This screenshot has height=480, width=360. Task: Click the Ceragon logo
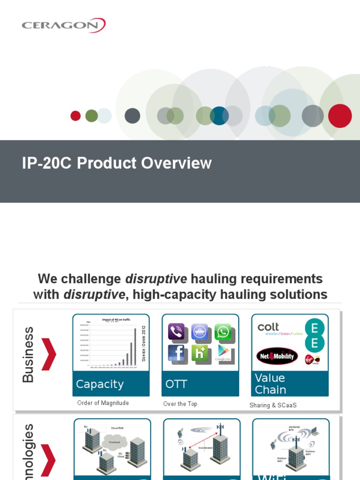tap(64, 25)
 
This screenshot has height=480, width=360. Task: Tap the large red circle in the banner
tap(340, 116)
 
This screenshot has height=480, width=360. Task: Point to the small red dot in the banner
tap(75, 116)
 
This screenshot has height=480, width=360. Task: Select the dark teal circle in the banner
tap(219, 116)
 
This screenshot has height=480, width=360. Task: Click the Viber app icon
tap(176, 332)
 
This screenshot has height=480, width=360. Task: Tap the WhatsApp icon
tap(223, 332)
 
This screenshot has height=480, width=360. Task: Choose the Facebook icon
tap(176, 353)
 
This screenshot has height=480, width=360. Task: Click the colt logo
tap(269, 327)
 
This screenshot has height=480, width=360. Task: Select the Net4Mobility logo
tap(277, 356)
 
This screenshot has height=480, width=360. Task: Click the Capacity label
tap(100, 384)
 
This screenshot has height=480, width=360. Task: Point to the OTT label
tap(176, 384)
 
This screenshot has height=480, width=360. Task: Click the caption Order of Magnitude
tap(103, 403)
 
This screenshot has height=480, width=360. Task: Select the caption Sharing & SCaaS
tap(273, 405)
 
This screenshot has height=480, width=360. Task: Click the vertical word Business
tap(29, 355)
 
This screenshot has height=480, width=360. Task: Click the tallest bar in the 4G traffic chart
tap(135, 346)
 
